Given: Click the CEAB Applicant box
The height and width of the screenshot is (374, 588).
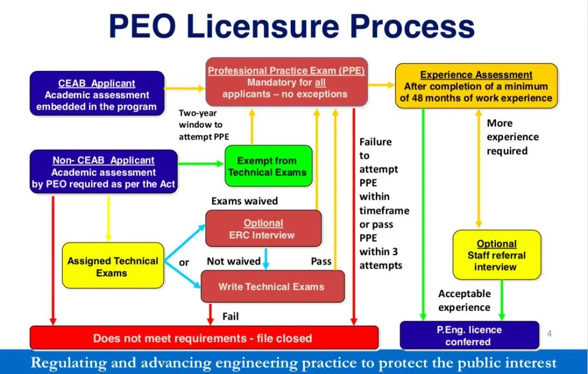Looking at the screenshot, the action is coord(97,94).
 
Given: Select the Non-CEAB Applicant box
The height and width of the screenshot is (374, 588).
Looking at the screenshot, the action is coord(103,172).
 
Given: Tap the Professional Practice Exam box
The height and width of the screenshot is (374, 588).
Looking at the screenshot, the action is coord(286,82).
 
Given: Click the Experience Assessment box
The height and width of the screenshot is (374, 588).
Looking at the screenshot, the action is coord(476,86).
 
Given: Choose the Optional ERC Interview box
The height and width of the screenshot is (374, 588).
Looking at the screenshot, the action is coord(264,229).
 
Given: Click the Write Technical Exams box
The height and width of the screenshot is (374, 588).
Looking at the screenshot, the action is coord(272,287).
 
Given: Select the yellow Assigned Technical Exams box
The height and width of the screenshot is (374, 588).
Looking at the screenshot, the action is coord(113,266).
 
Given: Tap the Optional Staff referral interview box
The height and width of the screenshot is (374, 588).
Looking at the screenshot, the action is coord(497,255).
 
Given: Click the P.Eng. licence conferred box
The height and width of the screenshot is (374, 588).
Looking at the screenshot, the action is coord(469,335).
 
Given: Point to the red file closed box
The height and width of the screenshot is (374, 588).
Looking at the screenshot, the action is coord(203,338).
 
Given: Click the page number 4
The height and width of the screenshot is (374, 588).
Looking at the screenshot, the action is coord(549,334).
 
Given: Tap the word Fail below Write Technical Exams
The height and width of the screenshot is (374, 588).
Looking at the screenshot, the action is coord(230,316).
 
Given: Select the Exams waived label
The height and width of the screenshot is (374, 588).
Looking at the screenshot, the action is coord(244,201).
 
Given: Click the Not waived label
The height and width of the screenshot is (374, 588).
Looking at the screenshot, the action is coord(234,261).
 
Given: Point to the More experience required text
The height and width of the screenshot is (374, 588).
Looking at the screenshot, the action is coord(512,137).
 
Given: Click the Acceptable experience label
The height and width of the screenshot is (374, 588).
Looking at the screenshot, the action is coord(464,300).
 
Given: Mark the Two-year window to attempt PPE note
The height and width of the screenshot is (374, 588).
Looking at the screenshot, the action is coord(204,124).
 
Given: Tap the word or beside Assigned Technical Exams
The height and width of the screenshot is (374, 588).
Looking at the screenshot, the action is coord(184,262).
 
